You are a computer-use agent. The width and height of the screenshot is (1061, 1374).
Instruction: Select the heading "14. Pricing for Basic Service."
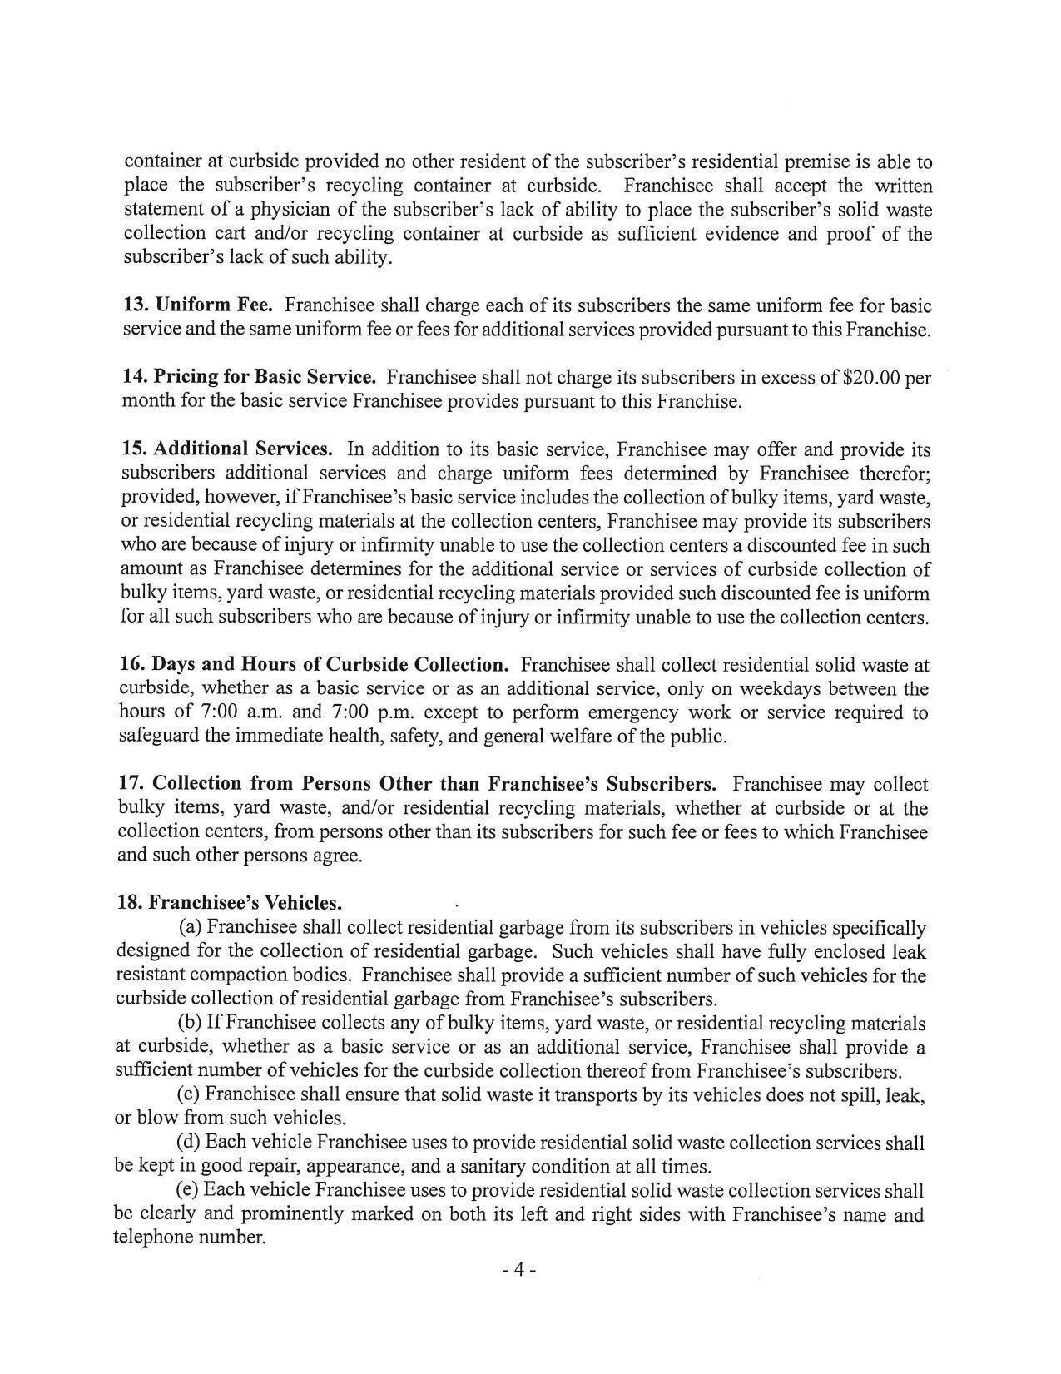click(249, 377)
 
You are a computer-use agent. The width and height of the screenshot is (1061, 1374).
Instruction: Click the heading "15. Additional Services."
click(227, 449)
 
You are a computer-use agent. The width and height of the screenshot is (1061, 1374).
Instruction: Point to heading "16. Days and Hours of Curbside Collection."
click(314, 665)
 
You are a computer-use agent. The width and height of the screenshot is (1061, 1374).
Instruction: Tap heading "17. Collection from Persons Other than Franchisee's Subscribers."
click(418, 784)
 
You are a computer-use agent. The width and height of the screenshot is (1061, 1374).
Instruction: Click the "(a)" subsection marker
click(191, 927)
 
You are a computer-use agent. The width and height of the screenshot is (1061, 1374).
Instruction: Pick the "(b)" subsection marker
click(191, 1023)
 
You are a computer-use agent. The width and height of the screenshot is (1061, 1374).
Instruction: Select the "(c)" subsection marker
click(190, 1094)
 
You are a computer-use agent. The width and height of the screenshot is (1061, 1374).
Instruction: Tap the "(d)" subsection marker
click(191, 1143)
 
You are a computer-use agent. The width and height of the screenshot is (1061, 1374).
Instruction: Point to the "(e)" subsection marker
click(189, 1190)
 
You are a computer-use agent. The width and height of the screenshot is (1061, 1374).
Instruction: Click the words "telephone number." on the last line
click(190, 1238)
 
